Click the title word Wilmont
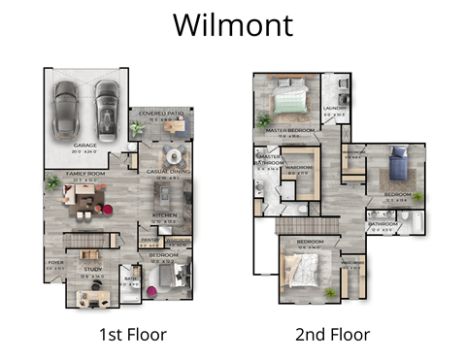[232, 25]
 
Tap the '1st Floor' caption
[133, 335]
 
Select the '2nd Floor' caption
[333, 335]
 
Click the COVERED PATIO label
[159, 114]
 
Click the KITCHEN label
[163, 214]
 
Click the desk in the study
[87, 295]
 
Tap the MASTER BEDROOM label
[289, 133]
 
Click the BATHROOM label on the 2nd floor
[383, 224]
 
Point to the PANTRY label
[150, 243]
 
